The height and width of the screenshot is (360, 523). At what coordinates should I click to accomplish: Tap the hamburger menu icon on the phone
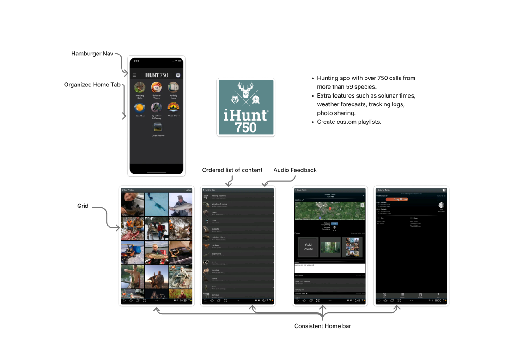134,75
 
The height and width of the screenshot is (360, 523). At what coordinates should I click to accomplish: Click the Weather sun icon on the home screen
140,108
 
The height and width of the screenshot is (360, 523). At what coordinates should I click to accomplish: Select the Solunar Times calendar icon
157,87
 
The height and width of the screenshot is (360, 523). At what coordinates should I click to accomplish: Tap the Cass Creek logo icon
173,108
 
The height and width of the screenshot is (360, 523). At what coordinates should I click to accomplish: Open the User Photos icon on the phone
158,128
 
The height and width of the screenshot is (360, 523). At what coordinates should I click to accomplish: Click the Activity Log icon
173,87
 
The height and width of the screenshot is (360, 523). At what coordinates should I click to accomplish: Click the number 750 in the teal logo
246,127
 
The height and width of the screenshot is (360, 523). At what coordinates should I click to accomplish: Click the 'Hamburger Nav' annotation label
92,54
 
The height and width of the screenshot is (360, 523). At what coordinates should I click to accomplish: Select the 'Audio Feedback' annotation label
295,170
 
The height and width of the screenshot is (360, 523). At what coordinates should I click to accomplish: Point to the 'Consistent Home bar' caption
322,326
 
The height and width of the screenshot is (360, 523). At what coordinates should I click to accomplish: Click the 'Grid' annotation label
83,206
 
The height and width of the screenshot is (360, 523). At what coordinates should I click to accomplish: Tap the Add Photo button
308,247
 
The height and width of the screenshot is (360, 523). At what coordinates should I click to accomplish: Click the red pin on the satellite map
330,209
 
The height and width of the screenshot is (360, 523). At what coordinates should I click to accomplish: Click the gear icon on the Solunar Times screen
444,190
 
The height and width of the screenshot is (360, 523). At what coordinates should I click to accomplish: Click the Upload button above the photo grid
189,190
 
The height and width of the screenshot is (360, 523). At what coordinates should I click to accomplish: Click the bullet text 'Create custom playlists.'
349,122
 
